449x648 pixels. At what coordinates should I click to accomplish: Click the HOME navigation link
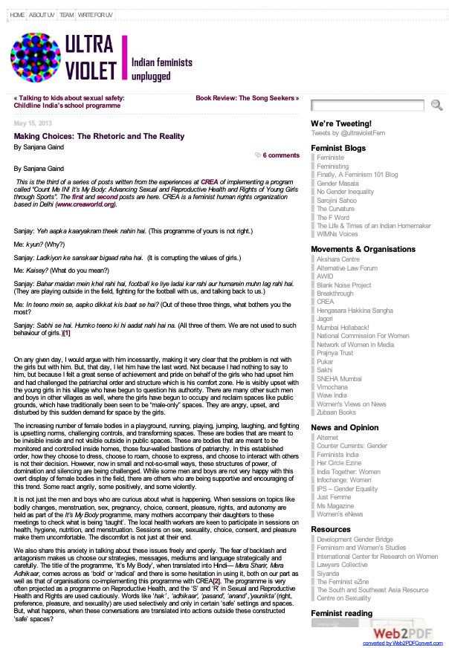click(x=17, y=15)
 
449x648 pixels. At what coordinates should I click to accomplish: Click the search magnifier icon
click(x=437, y=106)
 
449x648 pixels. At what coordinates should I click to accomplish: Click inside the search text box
click(x=369, y=106)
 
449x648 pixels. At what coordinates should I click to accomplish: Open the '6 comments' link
click(x=280, y=155)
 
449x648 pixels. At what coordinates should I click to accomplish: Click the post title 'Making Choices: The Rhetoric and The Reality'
click(x=99, y=137)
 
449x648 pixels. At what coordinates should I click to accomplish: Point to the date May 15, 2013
click(x=33, y=123)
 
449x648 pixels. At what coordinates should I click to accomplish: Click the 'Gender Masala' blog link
click(x=337, y=183)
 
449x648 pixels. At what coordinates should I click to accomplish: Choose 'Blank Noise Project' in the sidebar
click(x=343, y=285)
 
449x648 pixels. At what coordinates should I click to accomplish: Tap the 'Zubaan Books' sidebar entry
click(x=336, y=412)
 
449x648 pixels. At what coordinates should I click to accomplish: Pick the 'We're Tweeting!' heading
click(x=340, y=123)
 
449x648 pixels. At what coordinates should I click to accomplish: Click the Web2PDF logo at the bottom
click(x=402, y=633)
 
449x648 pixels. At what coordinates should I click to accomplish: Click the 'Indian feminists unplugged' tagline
click(x=162, y=69)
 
